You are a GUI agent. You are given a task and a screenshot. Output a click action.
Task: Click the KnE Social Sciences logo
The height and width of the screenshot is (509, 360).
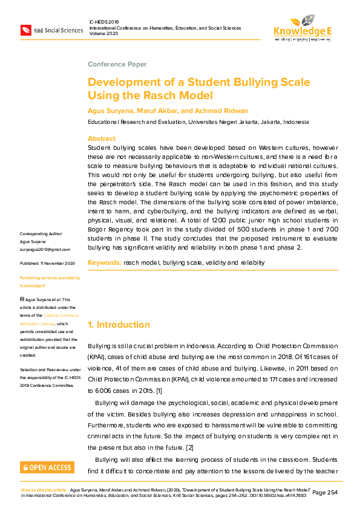pos(51,30)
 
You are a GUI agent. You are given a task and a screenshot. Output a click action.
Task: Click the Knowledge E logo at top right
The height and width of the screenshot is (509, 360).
pos(303,28)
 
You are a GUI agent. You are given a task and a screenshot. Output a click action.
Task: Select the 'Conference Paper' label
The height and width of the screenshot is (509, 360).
pos(117,64)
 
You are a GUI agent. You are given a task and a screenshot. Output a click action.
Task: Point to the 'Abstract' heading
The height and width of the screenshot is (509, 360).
pos(102,138)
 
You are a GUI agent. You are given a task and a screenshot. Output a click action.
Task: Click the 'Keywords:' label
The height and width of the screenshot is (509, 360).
pos(104,262)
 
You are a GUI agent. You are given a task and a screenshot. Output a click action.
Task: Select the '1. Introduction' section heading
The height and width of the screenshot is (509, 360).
pos(119,325)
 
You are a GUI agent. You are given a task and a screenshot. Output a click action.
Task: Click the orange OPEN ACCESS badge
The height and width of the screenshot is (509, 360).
pos(47,467)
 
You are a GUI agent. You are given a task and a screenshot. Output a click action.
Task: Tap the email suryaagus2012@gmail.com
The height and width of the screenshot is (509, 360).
pos(45,249)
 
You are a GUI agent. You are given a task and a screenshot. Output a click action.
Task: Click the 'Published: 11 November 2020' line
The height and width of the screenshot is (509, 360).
pos(48,264)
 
